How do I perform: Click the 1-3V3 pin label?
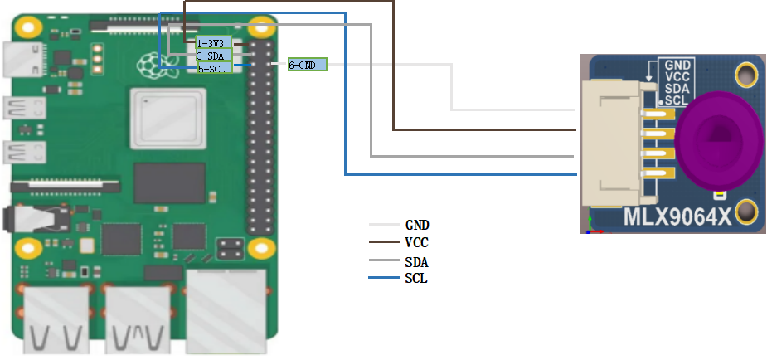[210, 43]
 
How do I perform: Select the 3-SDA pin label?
[210, 56]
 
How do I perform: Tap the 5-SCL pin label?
[210, 68]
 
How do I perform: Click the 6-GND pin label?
[308, 64]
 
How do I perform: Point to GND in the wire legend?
[416, 225]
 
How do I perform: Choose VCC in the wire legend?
[416, 243]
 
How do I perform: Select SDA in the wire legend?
[416, 262]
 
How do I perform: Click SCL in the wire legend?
[416, 279]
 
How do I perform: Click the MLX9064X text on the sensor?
[678, 219]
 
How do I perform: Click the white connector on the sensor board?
[612, 143]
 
